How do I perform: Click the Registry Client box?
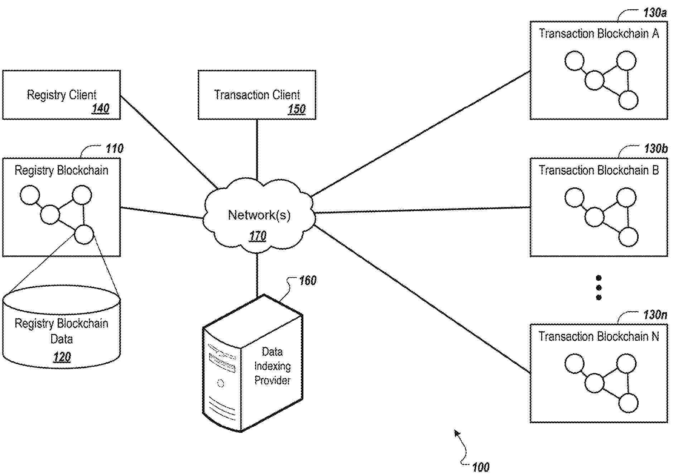[x=61, y=95]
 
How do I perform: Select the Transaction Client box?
[x=257, y=95]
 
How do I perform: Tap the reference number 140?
[x=101, y=108]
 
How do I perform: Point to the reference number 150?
[x=297, y=109]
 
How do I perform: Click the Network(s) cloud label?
[x=259, y=215]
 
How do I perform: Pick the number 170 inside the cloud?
[x=258, y=236]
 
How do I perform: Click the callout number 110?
[x=114, y=148]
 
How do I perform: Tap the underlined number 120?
[x=62, y=357]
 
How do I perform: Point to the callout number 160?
[x=307, y=281]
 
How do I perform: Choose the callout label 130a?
[x=655, y=13]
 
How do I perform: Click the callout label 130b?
[x=655, y=148]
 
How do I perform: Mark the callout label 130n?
[x=655, y=315]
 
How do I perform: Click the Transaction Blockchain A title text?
[x=599, y=34]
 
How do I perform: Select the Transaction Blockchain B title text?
[x=599, y=170]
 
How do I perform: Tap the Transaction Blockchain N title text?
[x=599, y=336]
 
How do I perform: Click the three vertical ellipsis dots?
[x=599, y=288]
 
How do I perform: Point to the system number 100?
[x=480, y=467]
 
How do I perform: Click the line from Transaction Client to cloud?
[x=257, y=149]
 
